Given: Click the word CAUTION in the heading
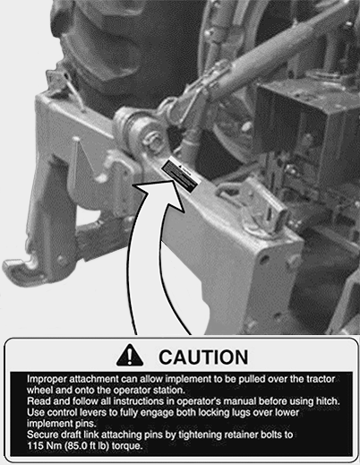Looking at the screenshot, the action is [203, 357].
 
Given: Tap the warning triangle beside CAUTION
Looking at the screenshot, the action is [130, 356].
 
